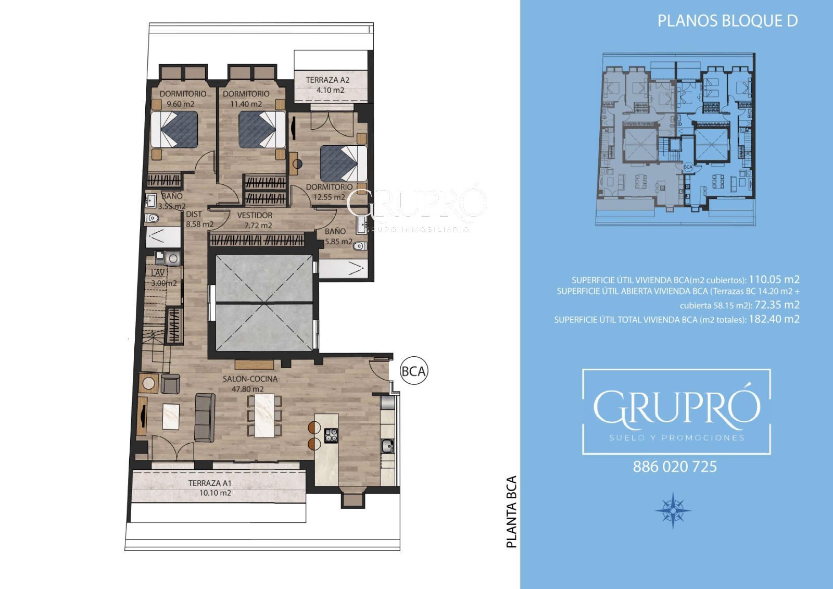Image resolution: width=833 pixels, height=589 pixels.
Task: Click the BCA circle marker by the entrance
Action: pyautogui.click(x=414, y=371)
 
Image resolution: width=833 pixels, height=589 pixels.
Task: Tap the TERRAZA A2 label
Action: pyautogui.click(x=327, y=80)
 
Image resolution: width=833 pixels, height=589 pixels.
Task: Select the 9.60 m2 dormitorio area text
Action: pyautogui.click(x=180, y=104)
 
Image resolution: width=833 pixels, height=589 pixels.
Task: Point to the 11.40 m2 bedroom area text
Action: pyautogui.click(x=246, y=104)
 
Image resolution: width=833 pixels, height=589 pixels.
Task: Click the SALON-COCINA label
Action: pyautogui.click(x=250, y=379)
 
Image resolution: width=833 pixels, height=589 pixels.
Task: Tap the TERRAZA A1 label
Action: pyautogui.click(x=210, y=483)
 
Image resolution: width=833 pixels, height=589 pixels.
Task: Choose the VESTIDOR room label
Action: pyautogui.click(x=255, y=215)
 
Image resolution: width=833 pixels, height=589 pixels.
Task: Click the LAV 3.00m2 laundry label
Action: pyautogui.click(x=163, y=278)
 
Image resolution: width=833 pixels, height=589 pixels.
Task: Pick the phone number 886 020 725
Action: pyautogui.click(x=675, y=467)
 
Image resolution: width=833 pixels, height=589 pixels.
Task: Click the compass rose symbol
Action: pyautogui.click(x=673, y=510)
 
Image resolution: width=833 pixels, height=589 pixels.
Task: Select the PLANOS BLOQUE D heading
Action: pyautogui.click(x=728, y=21)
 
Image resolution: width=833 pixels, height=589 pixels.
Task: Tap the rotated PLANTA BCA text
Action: pyautogui.click(x=512, y=511)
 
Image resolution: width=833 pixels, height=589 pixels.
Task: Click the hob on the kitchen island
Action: pyautogui.click(x=331, y=436)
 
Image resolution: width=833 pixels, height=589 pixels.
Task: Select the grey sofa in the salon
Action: pyautogui.click(x=205, y=418)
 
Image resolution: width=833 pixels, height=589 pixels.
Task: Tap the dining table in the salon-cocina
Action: pyautogui.click(x=264, y=415)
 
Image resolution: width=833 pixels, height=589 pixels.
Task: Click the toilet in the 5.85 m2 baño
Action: pyautogui.click(x=360, y=246)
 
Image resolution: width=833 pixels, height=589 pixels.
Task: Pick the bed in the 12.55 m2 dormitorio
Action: pyautogui.click(x=343, y=164)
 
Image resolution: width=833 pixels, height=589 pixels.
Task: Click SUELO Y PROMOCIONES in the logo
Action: pyautogui.click(x=677, y=437)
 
